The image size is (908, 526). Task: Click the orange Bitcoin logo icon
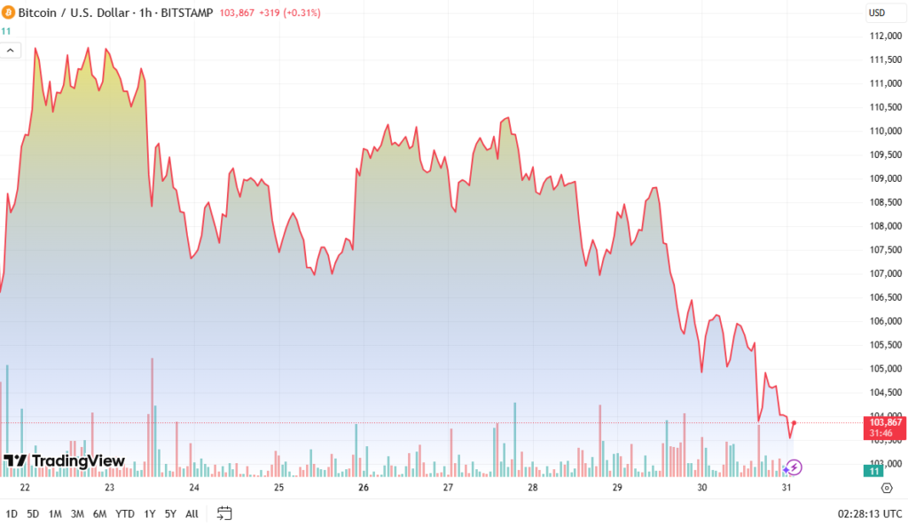(9, 13)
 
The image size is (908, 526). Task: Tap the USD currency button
(877, 13)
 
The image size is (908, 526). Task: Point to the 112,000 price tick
(886, 36)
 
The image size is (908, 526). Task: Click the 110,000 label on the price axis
(886, 131)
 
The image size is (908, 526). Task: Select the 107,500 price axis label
(886, 249)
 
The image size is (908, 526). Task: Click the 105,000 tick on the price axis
(886, 368)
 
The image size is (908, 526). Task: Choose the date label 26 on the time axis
(364, 488)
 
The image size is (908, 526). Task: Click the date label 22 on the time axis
(25, 488)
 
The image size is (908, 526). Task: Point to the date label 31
(787, 488)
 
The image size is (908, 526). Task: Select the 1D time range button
(12, 514)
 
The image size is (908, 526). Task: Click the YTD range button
(125, 514)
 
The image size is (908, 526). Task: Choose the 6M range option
(100, 514)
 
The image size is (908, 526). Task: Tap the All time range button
(192, 514)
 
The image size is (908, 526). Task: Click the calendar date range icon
(224, 514)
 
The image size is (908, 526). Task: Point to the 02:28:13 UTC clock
(869, 514)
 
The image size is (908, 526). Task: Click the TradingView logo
(64, 461)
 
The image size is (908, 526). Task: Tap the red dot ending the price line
(794, 423)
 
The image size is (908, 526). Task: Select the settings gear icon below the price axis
(886, 488)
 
